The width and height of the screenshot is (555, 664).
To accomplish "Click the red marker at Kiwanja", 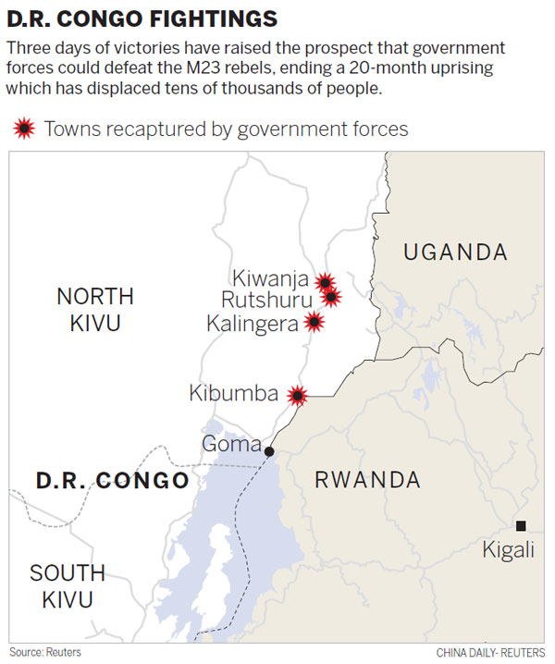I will point(325,281).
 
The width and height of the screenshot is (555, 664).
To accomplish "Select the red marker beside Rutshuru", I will point(331,297).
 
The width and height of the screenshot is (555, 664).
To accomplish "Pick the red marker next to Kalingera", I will point(314,322).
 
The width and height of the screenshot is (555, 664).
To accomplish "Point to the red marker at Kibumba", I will point(297,395).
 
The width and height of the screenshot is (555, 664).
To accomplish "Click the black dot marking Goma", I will point(269,451).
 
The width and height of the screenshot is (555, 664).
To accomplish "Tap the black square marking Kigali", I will point(521,524).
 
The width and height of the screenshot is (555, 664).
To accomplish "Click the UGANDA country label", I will point(455,252).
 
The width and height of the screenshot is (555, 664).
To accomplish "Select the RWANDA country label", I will point(367,480).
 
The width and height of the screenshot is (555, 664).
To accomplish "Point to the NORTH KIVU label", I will point(94,309).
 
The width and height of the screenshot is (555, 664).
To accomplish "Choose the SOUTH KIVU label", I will point(68,585).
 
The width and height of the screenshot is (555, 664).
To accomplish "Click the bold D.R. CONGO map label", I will point(112,481).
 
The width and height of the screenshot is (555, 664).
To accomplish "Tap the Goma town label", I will point(231,445).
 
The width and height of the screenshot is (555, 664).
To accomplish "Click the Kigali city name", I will point(508,550).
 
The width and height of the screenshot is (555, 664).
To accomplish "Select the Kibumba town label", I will point(233,393).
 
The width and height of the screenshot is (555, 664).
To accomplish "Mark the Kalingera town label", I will point(253,323).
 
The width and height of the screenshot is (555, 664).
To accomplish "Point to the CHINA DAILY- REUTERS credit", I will point(490,652).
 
